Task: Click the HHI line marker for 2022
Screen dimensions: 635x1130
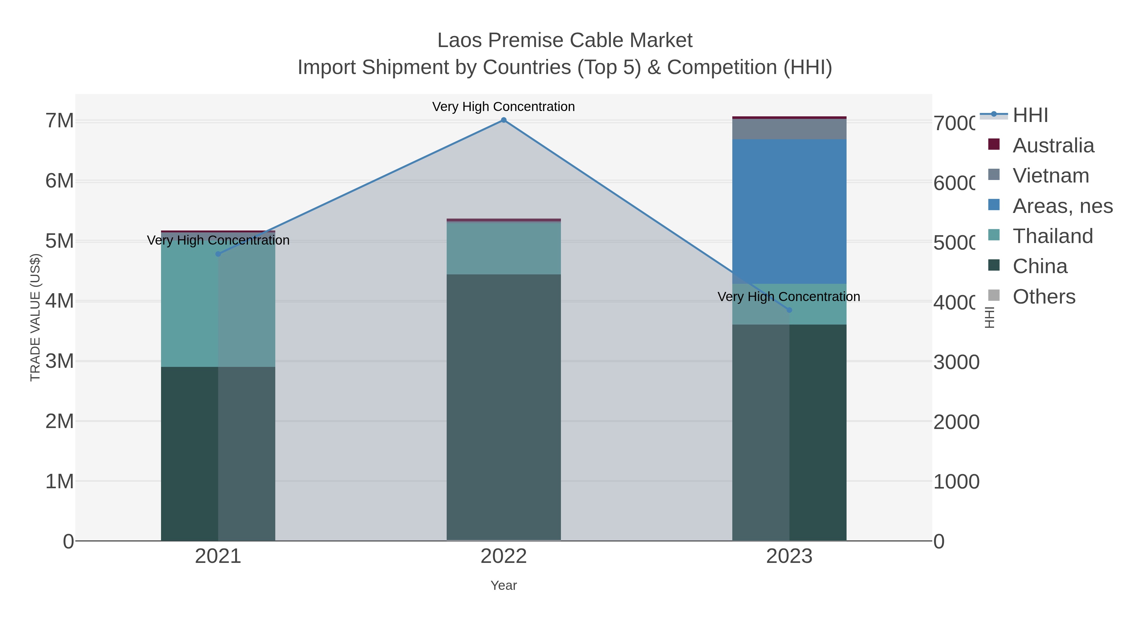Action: click(503, 120)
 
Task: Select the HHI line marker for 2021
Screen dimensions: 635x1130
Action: click(218, 254)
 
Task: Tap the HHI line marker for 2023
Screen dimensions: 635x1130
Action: click(789, 310)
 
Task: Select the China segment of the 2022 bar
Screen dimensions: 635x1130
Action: click(503, 408)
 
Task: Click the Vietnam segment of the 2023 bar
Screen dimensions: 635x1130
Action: click(789, 129)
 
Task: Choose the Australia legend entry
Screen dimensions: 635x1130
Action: click(1053, 146)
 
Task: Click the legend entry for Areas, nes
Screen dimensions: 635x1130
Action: click(1062, 206)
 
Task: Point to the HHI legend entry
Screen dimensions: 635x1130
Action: click(1030, 115)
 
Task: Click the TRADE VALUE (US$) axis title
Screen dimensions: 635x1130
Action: click(35, 317)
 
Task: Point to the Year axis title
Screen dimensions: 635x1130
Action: click(503, 585)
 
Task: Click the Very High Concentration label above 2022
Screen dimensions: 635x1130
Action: click(503, 107)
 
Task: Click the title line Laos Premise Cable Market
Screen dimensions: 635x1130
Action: click(565, 40)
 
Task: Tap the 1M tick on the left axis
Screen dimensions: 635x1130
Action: click(60, 482)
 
